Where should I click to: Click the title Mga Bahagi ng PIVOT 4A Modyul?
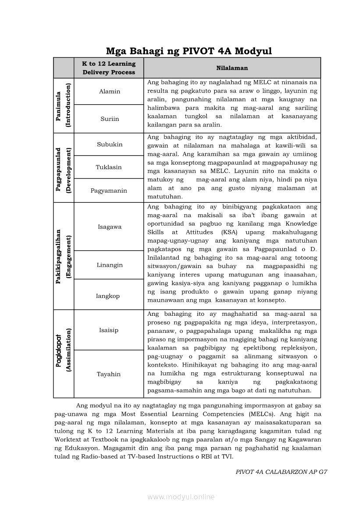click(x=189, y=51)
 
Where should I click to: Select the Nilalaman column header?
click(x=232, y=68)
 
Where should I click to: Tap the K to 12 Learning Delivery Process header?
click(x=109, y=68)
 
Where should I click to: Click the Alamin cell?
click(x=110, y=92)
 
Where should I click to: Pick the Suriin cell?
click(x=110, y=119)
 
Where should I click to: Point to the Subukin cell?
click(x=110, y=145)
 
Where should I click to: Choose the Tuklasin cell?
click(x=109, y=167)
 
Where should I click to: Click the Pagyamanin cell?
click(x=109, y=191)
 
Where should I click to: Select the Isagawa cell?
click(x=110, y=227)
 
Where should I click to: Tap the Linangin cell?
click(x=110, y=265)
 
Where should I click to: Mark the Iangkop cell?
click(x=108, y=296)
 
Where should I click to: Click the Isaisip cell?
click(x=109, y=330)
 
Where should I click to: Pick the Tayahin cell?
click(x=109, y=374)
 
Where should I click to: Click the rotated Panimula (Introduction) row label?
click(x=64, y=105)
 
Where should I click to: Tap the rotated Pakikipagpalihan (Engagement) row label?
click(x=64, y=256)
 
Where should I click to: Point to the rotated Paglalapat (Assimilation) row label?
click(x=64, y=353)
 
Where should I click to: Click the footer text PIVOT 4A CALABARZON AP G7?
click(x=281, y=472)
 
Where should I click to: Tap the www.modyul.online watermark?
click(x=181, y=497)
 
